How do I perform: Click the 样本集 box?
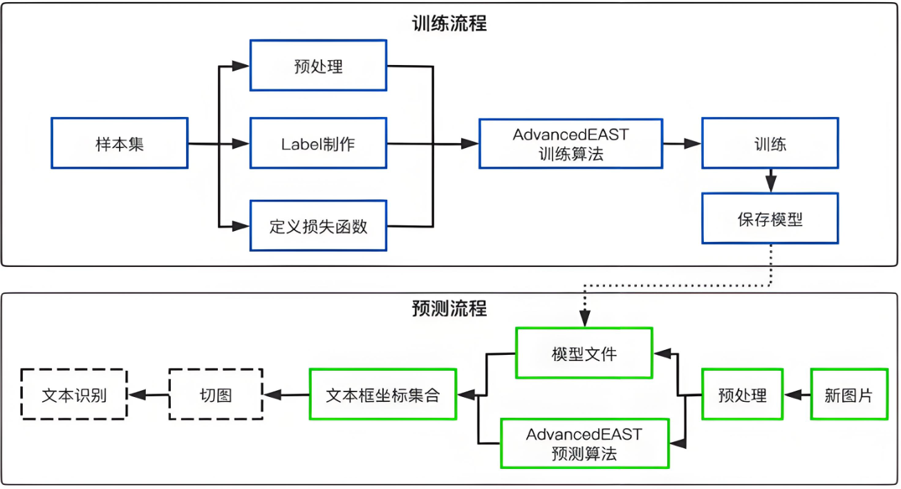click(x=119, y=143)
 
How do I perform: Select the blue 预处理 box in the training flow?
click(x=318, y=66)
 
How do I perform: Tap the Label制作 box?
click(x=318, y=143)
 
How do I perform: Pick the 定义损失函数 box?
click(x=318, y=225)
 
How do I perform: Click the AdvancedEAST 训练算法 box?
click(x=570, y=143)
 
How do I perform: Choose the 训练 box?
click(x=770, y=143)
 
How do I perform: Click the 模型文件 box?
click(x=584, y=353)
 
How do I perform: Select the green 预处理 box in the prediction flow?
click(x=742, y=394)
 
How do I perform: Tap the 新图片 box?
click(x=848, y=394)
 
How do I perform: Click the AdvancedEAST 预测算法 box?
click(x=584, y=443)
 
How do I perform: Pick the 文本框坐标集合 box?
click(x=382, y=394)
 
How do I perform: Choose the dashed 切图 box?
click(x=216, y=394)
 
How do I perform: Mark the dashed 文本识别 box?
click(x=74, y=394)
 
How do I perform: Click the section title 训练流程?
click(x=449, y=24)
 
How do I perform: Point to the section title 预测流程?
click(x=449, y=308)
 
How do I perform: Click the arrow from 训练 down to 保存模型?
click(x=770, y=181)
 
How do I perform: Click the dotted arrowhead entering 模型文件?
click(x=585, y=319)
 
